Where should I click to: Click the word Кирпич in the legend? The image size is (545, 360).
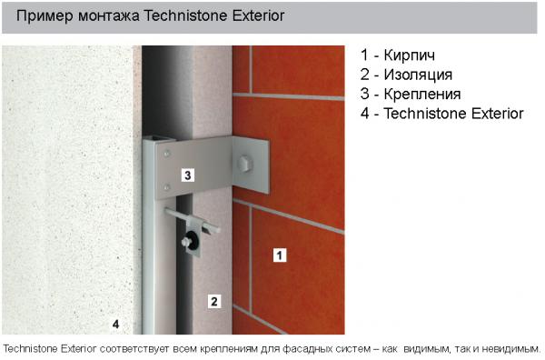(409, 55)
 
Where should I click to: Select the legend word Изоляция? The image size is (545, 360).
(418, 75)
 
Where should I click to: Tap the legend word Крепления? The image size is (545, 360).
(422, 95)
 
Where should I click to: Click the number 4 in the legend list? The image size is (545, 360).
(364, 114)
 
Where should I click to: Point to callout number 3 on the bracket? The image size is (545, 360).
(188, 175)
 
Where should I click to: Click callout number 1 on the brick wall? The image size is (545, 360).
(280, 255)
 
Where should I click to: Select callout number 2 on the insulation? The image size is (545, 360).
(214, 301)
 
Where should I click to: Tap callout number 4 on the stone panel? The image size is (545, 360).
(115, 325)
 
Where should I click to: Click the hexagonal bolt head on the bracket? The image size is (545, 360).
(245, 164)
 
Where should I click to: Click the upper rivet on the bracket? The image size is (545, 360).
(167, 153)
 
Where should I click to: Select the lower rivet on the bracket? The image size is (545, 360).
(167, 187)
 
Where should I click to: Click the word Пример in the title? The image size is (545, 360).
(45, 16)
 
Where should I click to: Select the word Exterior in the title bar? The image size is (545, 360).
(259, 15)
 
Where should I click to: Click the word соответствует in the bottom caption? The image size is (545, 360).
(134, 348)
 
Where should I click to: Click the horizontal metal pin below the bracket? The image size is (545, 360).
(193, 220)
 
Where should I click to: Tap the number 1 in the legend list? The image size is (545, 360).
(364, 55)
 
